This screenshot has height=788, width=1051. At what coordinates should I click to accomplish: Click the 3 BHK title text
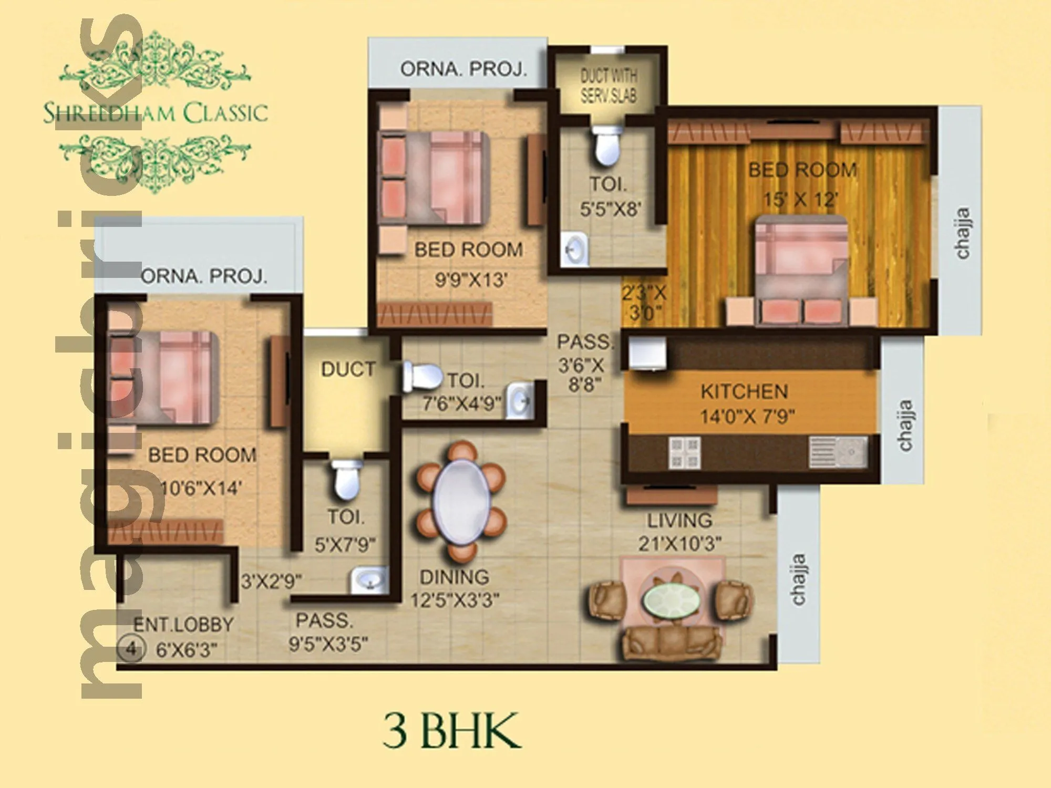[x=452, y=731]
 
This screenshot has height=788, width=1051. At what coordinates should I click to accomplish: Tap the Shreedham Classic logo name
[x=156, y=113]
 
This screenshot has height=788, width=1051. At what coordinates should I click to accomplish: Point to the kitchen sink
[x=838, y=452]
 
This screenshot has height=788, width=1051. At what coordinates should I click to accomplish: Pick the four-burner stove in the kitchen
[x=684, y=453]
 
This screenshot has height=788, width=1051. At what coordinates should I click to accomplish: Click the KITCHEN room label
[x=744, y=392]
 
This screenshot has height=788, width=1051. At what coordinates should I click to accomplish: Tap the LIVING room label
[x=679, y=521]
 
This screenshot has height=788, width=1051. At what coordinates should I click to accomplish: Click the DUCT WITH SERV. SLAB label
[x=609, y=86]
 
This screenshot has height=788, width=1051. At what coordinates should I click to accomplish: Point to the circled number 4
[x=130, y=649]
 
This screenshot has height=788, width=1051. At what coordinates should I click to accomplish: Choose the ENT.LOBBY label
[x=183, y=625]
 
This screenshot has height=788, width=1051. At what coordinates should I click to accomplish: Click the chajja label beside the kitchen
[x=905, y=426]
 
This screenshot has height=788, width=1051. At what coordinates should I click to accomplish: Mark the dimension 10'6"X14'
[x=201, y=489]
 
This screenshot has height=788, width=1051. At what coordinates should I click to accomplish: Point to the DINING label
[x=454, y=577]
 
